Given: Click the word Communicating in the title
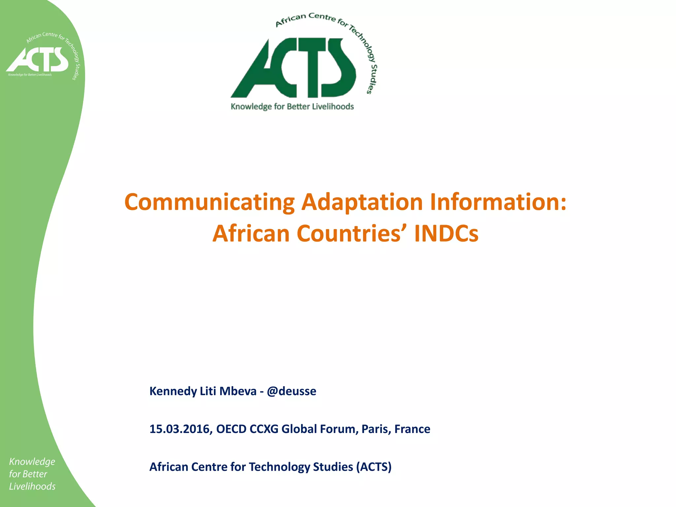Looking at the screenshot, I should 209,202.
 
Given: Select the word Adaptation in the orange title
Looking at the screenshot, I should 362,202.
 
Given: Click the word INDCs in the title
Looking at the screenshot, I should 446,233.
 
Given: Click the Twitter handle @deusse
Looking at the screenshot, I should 291,391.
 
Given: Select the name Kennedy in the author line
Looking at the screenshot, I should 173,391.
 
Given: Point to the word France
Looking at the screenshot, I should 412,429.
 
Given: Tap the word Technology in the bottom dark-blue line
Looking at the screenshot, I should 279,467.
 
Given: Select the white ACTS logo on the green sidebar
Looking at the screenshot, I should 37,59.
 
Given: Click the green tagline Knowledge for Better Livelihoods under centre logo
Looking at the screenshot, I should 292,107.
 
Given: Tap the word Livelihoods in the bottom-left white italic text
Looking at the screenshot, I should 32,487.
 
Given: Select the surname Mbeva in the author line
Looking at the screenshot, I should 238,391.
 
